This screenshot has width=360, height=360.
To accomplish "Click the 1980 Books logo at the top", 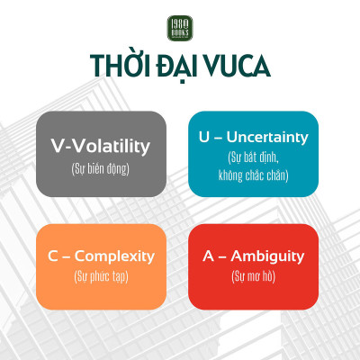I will (x=179, y=28).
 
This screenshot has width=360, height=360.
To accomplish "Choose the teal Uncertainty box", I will (x=253, y=153).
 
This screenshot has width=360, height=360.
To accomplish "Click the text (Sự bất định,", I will (x=253, y=157).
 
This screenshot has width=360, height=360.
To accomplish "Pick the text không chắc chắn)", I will (x=253, y=175).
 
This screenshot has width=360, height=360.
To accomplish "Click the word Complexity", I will (x=113, y=256).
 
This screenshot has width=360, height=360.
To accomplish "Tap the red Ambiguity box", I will (x=253, y=266).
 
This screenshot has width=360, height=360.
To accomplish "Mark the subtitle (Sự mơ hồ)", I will (x=253, y=277).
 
